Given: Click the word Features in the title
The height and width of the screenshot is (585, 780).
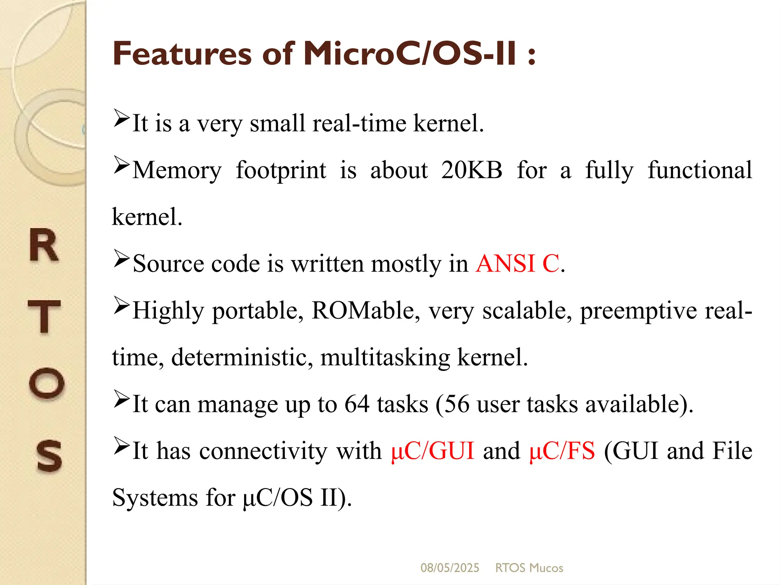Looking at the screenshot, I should click(x=182, y=54).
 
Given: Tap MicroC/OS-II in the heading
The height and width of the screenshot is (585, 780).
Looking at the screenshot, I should click(x=410, y=54).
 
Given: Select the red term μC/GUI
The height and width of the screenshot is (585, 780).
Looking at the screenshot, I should click(x=433, y=451).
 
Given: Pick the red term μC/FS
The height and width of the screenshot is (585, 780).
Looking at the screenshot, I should click(x=562, y=451).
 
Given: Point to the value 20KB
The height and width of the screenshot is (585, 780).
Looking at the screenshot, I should click(x=472, y=170).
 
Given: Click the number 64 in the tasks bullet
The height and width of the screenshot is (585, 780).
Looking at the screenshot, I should click(x=357, y=404).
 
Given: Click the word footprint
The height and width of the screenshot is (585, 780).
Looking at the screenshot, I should click(x=281, y=170).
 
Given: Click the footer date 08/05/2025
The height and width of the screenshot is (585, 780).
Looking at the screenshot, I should click(x=450, y=568).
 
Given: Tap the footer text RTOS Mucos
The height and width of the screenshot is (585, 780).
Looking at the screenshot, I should click(x=529, y=568).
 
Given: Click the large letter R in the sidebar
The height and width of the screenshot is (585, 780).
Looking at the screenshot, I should click(x=44, y=246).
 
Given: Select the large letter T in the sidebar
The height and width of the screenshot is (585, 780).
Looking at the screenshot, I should click(x=44, y=316).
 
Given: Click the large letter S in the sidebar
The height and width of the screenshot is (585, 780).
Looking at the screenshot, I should click(x=49, y=456).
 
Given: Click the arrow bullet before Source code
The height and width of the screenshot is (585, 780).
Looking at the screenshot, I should click(x=121, y=259).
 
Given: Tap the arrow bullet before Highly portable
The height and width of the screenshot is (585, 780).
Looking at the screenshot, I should click(x=121, y=305).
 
